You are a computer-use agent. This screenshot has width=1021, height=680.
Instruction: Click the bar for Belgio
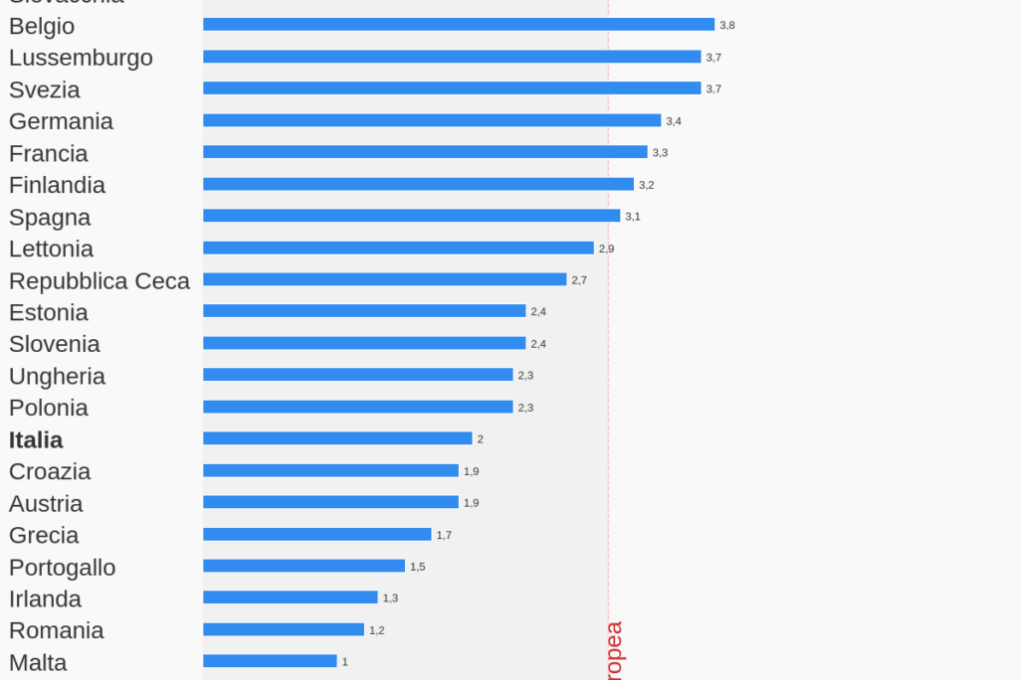tap(459, 25)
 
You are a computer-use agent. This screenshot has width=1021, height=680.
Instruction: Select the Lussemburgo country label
tap(81, 58)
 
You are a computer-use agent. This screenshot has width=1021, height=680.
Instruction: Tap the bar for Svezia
tap(452, 88)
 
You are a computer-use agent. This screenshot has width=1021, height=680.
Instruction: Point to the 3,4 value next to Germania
tap(674, 121)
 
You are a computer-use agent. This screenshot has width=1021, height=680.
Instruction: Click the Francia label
tap(48, 153)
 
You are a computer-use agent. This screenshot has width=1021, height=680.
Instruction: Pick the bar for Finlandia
tap(418, 184)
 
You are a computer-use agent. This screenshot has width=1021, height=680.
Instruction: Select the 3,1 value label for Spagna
tap(633, 217)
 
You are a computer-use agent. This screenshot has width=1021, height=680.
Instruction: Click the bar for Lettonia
tap(398, 248)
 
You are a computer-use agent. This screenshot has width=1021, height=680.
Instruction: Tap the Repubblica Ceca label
tap(100, 281)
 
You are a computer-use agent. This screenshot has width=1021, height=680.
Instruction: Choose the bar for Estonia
tap(364, 311)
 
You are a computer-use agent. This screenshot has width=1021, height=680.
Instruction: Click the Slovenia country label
tap(55, 344)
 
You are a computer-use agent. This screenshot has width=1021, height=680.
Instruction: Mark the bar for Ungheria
tap(358, 375)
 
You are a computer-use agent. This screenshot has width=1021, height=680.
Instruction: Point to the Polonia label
tap(49, 408)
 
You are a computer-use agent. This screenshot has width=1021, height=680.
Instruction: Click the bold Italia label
tap(36, 439)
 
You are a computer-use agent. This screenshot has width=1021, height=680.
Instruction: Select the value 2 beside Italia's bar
tap(480, 439)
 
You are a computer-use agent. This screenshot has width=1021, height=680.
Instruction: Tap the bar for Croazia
tap(330, 470)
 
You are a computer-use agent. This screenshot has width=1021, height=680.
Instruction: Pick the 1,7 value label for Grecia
tap(444, 535)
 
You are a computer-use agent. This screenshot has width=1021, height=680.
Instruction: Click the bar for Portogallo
tap(304, 566)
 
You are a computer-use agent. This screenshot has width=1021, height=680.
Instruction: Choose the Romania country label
tap(57, 630)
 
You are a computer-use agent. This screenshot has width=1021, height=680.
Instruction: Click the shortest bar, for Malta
tap(270, 661)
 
